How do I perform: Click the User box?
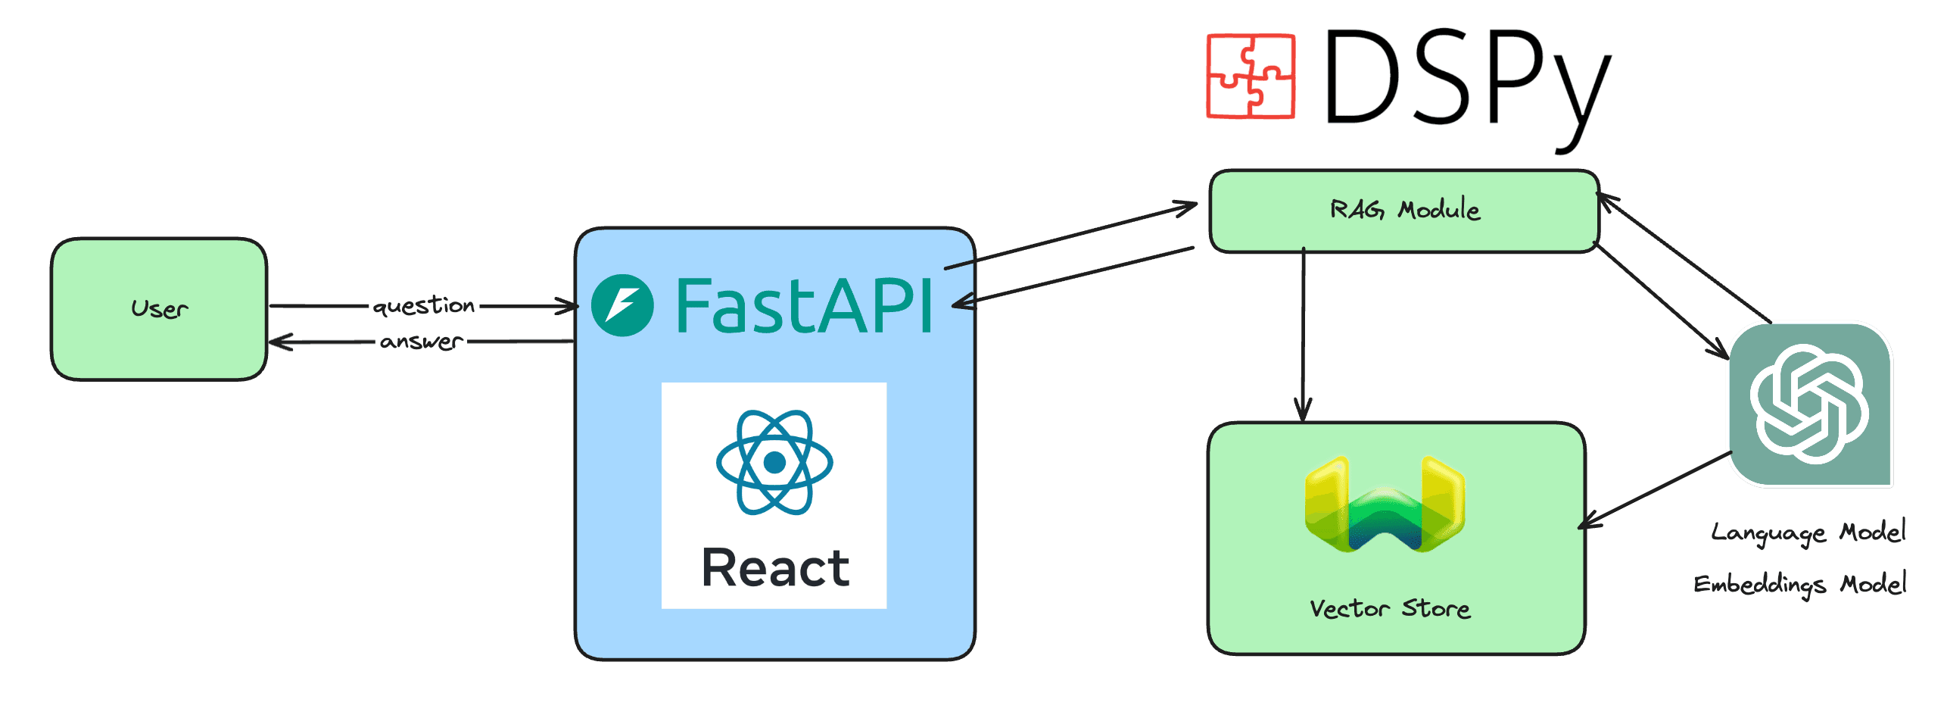pos(159,309)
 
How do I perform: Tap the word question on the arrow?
pos(424,305)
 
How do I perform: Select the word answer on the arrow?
pos(421,342)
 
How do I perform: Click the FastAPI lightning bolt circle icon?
pos(622,305)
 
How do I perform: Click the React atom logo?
pos(774,462)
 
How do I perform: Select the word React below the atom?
pos(775,568)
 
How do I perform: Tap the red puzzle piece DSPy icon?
pos(1251,76)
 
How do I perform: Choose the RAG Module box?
pos(1404,211)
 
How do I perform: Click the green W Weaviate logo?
pos(1385,504)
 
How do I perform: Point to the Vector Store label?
pos(1390,608)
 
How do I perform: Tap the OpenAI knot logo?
pos(1809,404)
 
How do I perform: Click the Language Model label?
pos(1808,532)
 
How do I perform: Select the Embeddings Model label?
pos(1799,584)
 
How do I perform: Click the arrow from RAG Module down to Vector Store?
pos(1303,333)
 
